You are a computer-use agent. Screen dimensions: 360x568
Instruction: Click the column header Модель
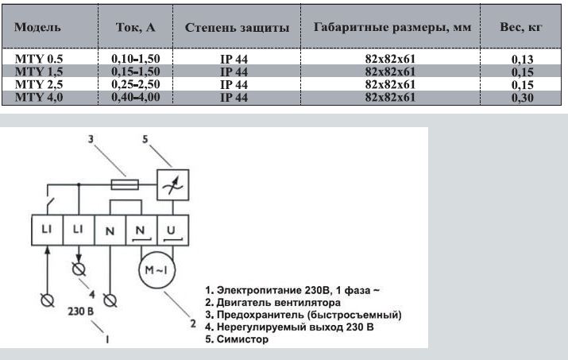[36, 27]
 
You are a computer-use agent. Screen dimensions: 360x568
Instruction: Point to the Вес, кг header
[521, 27]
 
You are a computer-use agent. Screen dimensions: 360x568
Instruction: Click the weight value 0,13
[522, 59]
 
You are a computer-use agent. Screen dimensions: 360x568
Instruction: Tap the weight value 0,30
[522, 97]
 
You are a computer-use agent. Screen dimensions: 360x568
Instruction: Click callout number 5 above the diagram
[145, 141]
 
